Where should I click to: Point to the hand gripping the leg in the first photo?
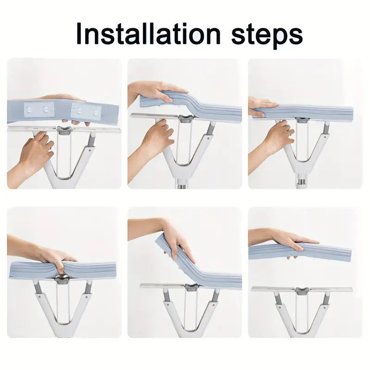point(33,153)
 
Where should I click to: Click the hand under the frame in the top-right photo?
point(277,136)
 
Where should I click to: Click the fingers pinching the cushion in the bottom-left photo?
point(58,259)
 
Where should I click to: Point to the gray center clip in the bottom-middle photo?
point(191,287)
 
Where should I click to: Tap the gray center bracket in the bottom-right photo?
point(302,290)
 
